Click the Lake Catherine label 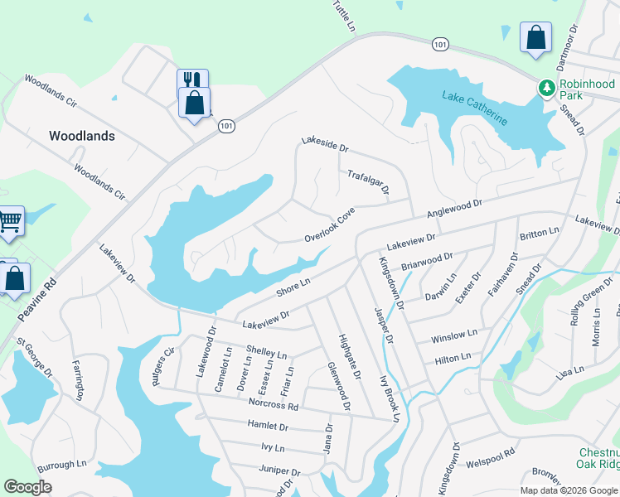(475, 108)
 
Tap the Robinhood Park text (587, 89)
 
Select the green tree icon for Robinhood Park (546, 87)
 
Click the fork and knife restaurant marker (191, 80)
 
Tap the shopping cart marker (9, 221)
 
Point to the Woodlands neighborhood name (82, 136)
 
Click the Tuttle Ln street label (343, 17)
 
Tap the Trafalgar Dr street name (368, 182)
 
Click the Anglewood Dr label (454, 207)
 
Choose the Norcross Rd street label (273, 404)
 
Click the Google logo (28, 487)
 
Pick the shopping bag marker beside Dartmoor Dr (536, 37)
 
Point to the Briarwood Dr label (427, 263)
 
